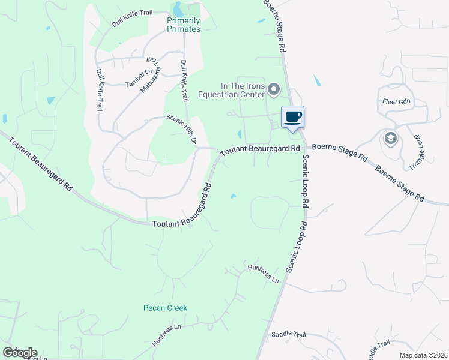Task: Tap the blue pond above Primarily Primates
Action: click(178, 9)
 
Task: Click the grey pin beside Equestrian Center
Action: click(274, 90)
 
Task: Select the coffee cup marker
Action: click(292, 116)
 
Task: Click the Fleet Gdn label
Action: click(394, 101)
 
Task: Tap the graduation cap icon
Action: click(391, 139)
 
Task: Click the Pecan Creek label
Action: click(165, 308)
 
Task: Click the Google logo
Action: click(20, 353)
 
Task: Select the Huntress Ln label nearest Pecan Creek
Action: click(167, 335)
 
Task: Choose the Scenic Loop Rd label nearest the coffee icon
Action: click(305, 180)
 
